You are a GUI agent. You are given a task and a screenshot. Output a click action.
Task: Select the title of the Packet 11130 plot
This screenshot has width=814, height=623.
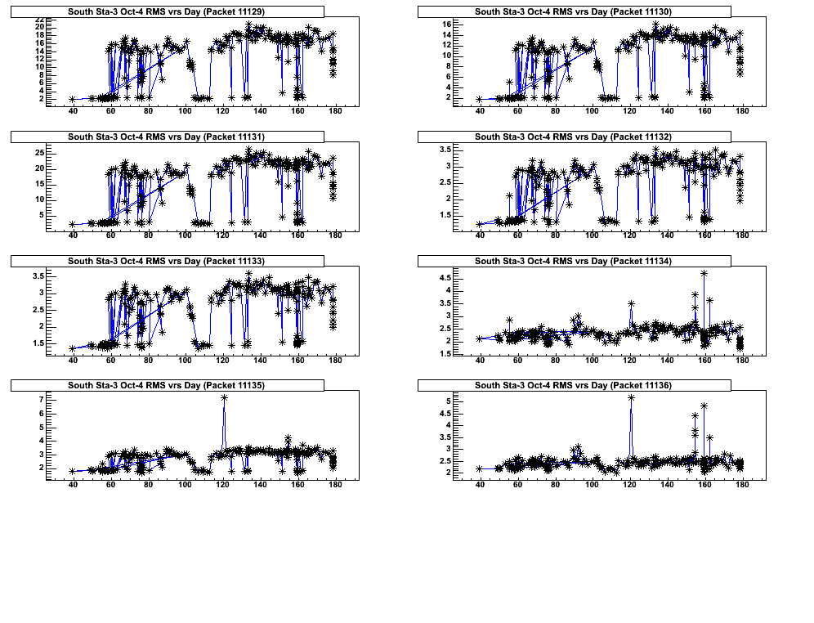(573, 11)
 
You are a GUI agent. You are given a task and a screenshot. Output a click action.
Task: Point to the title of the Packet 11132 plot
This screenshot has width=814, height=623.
(573, 136)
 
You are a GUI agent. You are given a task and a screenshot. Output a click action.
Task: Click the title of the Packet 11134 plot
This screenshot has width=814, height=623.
(573, 261)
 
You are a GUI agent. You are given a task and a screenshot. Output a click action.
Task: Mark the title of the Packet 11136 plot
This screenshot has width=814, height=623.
(573, 385)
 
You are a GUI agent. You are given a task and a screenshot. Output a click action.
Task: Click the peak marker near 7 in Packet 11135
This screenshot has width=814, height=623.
(224, 398)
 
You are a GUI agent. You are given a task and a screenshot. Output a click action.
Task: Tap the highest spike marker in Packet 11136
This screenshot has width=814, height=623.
(631, 398)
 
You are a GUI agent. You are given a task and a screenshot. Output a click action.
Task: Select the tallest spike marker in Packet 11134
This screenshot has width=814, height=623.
(704, 273)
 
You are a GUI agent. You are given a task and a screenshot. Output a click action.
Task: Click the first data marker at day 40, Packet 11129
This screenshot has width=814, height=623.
(73, 99)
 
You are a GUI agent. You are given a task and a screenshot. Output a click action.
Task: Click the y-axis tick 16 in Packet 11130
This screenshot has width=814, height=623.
(447, 25)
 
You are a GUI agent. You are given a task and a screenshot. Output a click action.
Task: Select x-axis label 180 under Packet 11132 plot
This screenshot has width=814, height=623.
(742, 236)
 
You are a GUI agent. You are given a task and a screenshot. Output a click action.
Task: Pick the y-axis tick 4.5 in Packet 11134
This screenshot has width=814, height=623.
(445, 279)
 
